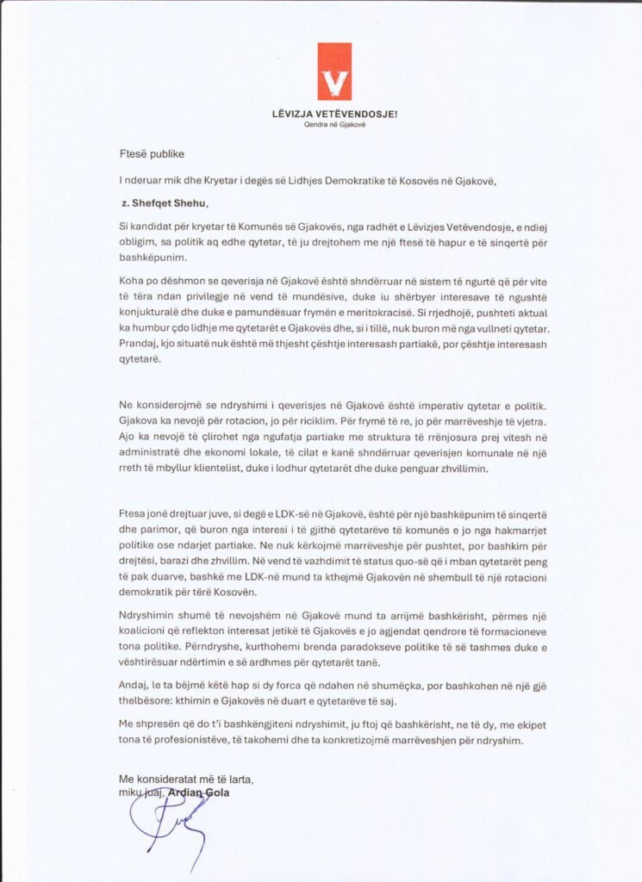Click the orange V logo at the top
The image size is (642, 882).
[333, 72]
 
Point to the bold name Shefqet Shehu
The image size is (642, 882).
[171, 202]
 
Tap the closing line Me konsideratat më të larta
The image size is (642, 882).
[187, 780]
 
